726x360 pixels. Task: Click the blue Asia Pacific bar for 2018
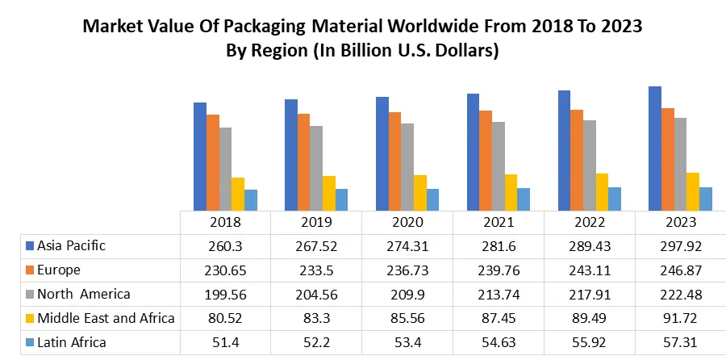(200, 157)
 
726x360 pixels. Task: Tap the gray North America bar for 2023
(681, 165)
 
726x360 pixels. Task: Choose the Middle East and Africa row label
(106, 318)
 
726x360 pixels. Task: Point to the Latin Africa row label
(71, 342)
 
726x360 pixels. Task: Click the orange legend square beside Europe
(30, 270)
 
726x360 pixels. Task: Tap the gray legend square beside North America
(30, 294)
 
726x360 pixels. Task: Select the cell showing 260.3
(224, 245)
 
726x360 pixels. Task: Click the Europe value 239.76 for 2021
(498, 270)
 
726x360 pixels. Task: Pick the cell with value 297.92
(680, 245)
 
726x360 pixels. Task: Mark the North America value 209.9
(407, 294)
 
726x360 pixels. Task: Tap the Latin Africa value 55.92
(589, 342)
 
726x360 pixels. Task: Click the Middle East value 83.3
(315, 318)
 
